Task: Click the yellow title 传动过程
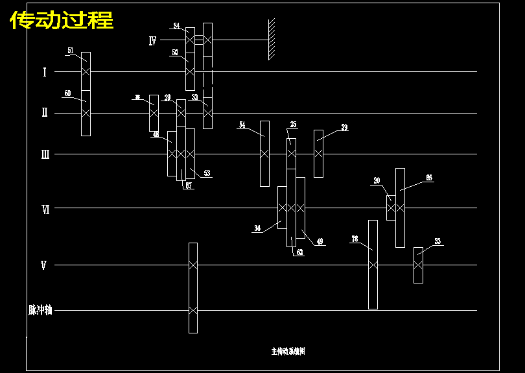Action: (62, 21)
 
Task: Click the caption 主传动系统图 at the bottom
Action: (288, 352)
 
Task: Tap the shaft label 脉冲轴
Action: (40, 310)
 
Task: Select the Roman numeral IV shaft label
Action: (152, 41)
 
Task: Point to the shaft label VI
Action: (45, 209)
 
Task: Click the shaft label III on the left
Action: (45, 154)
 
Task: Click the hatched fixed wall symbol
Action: (272, 39)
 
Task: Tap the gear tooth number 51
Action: (71, 50)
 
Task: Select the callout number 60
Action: (67, 93)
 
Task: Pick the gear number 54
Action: (242, 125)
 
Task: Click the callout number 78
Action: (355, 239)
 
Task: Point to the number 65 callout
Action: (429, 177)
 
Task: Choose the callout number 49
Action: (320, 241)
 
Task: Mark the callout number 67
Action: (188, 186)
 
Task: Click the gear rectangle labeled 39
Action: (318, 153)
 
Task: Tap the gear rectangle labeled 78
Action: (373, 265)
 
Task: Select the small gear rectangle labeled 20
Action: (391, 208)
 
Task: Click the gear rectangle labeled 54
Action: (264, 154)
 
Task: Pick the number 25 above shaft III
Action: (293, 124)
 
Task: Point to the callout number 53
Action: (207, 173)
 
